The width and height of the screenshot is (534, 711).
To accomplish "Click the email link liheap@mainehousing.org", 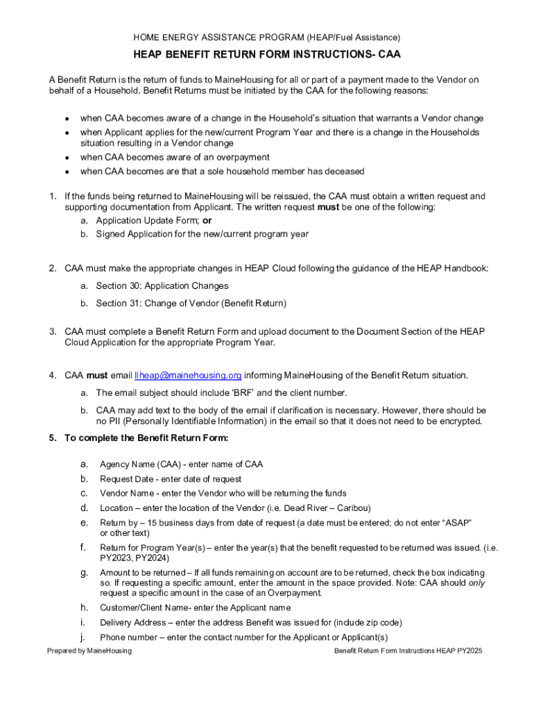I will click(x=188, y=376).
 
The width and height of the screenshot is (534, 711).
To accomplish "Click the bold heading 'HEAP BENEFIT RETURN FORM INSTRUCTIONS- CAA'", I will click(x=267, y=54).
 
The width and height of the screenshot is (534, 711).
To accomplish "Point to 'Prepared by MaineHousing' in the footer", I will click(x=89, y=651).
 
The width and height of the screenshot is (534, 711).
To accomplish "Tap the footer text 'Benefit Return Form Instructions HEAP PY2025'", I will click(x=408, y=651).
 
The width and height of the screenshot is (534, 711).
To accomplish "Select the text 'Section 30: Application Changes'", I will click(x=162, y=285).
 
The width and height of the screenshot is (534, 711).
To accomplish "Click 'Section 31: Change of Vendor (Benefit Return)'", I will click(x=191, y=303).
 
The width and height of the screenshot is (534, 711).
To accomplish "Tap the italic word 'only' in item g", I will click(x=476, y=583).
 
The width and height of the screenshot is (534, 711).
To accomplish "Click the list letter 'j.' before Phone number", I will click(x=83, y=637).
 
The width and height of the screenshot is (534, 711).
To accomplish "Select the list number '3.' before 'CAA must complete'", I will click(x=53, y=332).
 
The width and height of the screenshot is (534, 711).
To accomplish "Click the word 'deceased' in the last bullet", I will click(x=343, y=172).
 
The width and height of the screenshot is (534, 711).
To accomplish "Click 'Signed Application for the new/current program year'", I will click(x=202, y=234).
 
